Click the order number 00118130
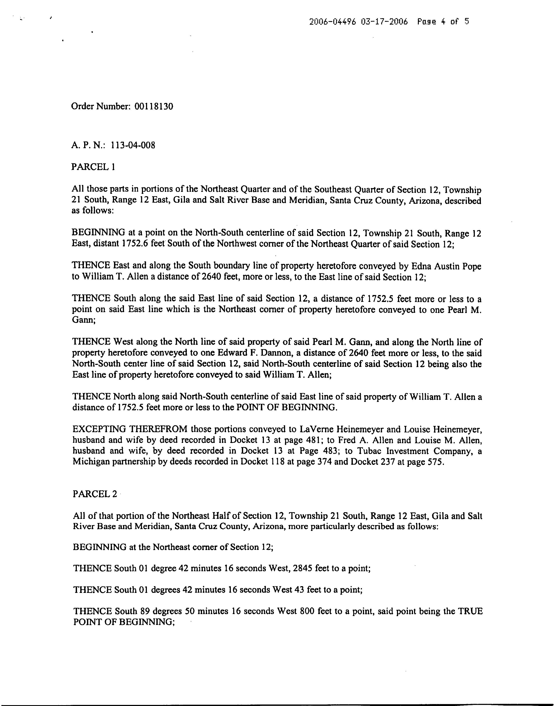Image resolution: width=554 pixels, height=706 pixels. (152, 106)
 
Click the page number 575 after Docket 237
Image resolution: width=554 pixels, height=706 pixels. (436, 462)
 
